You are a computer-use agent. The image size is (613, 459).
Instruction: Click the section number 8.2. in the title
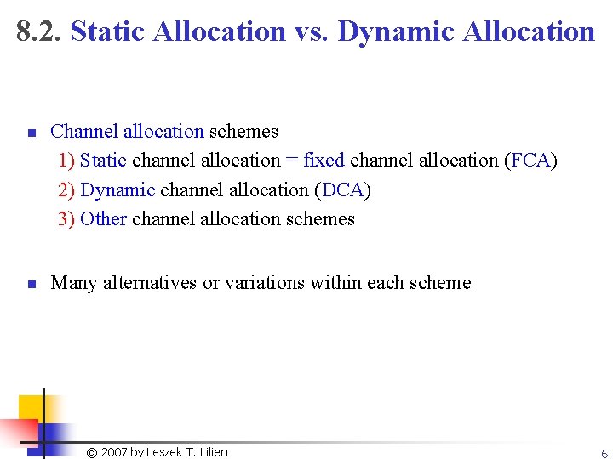[x=39, y=31]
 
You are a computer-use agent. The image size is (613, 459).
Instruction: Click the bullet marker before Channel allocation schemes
[x=30, y=133]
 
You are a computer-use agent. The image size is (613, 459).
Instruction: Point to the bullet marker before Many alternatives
[x=30, y=285]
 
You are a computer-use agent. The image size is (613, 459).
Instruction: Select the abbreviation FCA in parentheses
[x=530, y=161]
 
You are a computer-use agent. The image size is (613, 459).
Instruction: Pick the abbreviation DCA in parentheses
[x=344, y=190]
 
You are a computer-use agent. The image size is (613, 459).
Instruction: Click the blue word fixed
[x=324, y=161]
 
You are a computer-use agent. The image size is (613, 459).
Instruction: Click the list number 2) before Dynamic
[x=66, y=190]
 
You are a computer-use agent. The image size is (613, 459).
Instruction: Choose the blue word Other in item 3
[x=103, y=218]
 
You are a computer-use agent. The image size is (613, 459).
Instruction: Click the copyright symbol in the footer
[x=92, y=452]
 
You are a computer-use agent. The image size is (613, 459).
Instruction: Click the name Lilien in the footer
[x=212, y=452]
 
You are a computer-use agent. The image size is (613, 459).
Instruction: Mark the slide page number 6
[x=604, y=454]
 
